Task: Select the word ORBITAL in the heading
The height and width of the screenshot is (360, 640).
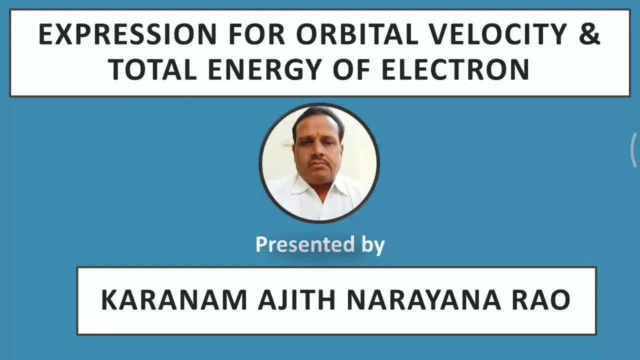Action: point(357,34)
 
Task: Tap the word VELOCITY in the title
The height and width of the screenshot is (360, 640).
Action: point(498,34)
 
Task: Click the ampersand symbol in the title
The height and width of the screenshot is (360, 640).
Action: point(589,34)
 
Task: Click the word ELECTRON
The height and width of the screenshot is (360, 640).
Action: point(455,69)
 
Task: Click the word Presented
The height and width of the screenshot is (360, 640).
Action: point(305,244)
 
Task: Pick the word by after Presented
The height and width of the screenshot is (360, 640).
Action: point(373,245)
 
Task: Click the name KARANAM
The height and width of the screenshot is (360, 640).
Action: point(174,299)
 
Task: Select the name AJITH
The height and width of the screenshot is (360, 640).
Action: point(296,299)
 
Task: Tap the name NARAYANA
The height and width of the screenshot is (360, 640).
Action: point(423,299)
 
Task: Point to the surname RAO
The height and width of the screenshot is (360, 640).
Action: point(541,299)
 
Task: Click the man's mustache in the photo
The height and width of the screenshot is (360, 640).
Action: point(320,162)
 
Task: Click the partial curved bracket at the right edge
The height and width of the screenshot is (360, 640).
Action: point(632,149)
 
